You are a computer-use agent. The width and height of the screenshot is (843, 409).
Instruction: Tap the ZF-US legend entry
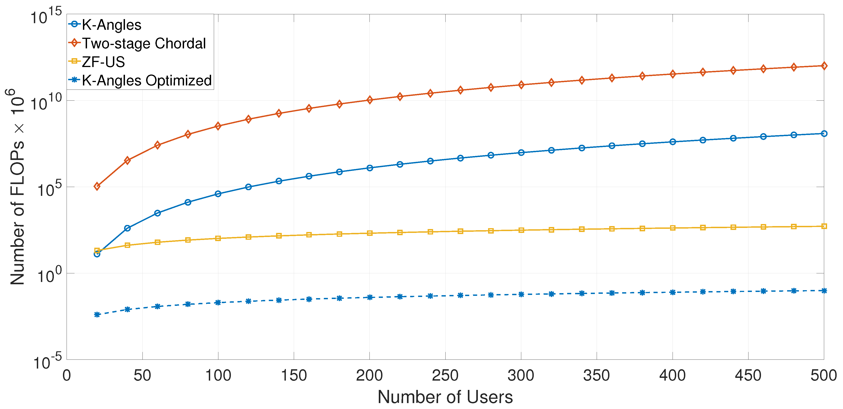[x=103, y=62]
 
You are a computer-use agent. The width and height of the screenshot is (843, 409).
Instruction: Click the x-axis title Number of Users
[x=445, y=397]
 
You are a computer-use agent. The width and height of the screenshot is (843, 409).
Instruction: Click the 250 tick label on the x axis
[x=445, y=375]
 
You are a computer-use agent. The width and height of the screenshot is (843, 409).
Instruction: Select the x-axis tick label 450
[x=748, y=375]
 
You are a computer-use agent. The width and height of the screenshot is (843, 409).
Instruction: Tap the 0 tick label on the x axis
[x=67, y=375]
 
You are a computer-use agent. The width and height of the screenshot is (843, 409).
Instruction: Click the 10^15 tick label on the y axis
[x=46, y=16]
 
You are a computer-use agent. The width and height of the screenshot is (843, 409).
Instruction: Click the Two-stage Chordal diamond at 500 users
[x=824, y=66]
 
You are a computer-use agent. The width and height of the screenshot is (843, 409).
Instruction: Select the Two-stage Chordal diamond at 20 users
[x=97, y=187]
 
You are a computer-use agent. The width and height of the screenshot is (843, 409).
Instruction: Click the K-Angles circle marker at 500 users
[x=824, y=134]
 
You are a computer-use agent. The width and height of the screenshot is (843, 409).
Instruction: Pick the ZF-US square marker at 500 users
[x=824, y=226]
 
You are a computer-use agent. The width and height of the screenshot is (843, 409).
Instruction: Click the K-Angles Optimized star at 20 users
[x=97, y=314]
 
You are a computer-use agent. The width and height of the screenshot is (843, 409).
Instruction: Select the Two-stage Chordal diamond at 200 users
[x=369, y=100]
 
